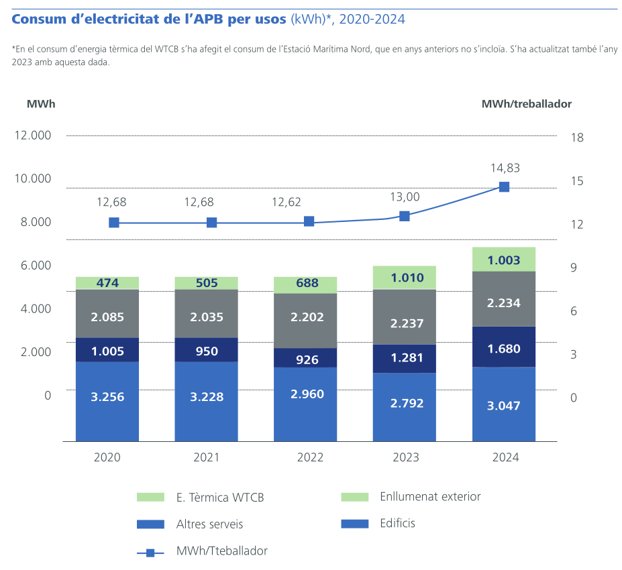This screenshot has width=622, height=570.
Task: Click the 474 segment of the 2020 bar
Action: click(107, 283)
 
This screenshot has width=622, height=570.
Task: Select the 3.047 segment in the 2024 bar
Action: click(504, 404)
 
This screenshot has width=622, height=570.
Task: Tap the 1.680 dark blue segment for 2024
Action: click(504, 347)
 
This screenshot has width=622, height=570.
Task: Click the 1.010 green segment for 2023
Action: click(405, 278)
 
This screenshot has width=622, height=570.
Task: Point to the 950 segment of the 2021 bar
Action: click(207, 349)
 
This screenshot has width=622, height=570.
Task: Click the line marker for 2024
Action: click(504, 187)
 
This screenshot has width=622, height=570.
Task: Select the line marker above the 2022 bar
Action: click(309, 221)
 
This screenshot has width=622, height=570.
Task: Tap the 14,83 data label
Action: click(505, 168)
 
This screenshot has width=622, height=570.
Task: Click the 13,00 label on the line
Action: click(405, 196)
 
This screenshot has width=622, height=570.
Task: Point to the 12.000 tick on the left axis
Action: click(32, 135)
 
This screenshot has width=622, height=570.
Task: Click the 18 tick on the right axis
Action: click(576, 137)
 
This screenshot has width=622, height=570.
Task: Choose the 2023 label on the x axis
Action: click(405, 458)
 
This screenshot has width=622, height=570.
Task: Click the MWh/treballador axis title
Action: click(526, 104)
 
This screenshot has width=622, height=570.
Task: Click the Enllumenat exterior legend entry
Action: click(430, 497)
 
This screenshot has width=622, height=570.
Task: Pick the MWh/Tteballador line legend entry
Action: click(221, 551)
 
